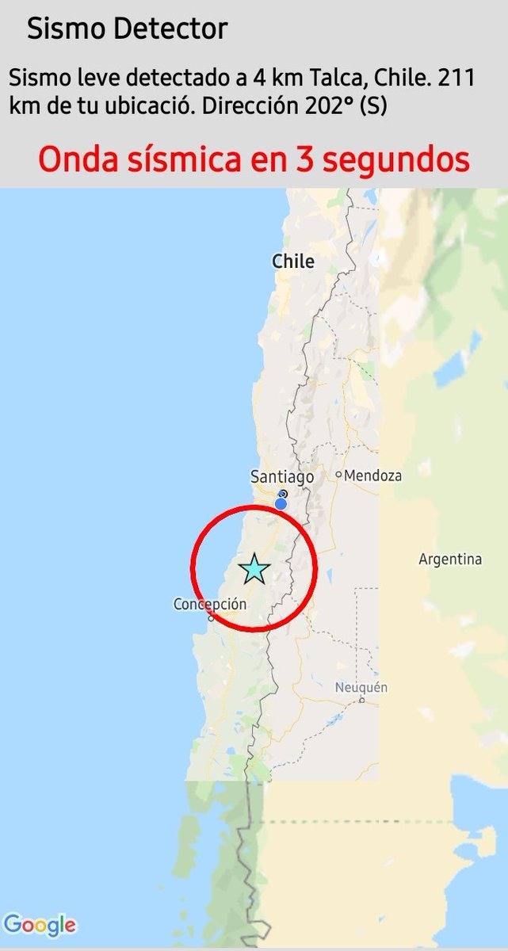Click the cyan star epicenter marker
(254, 569)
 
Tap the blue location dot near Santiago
(281, 503)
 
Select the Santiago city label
(282, 477)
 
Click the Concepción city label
(210, 605)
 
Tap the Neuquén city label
(361, 687)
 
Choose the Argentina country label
(450, 560)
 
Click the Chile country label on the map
(293, 262)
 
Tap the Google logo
(40, 925)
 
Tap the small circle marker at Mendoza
(338, 475)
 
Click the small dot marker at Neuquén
(361, 700)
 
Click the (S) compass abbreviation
(373, 105)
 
